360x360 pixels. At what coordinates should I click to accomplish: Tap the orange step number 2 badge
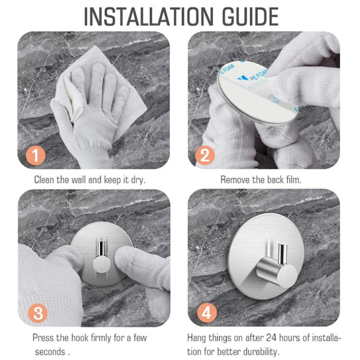205,156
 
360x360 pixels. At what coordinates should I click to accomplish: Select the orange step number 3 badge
38,313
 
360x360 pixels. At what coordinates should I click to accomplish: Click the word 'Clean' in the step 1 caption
45,180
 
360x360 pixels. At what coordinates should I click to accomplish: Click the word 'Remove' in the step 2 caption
234,180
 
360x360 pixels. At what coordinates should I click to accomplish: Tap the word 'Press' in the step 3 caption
43,337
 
